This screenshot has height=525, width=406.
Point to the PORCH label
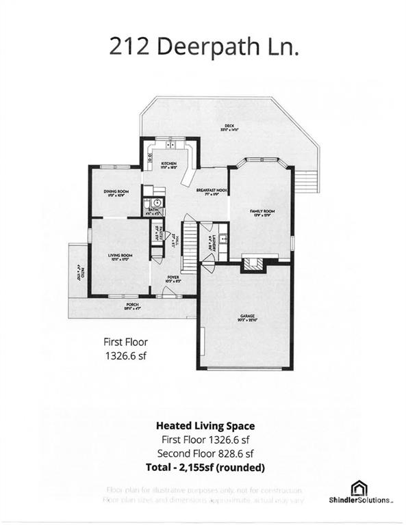(x=133, y=306)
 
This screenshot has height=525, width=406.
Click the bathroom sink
(x=156, y=203)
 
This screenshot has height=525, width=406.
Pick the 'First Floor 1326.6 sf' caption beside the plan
(x=125, y=349)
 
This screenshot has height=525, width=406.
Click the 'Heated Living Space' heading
(x=202, y=426)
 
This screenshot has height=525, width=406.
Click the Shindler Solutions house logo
(x=359, y=487)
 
